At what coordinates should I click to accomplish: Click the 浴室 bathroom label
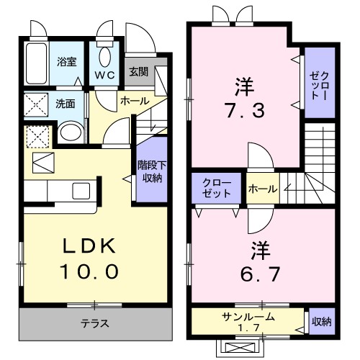pyautogui.click(x=67, y=62)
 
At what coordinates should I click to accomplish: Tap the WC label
pyautogui.click(x=106, y=75)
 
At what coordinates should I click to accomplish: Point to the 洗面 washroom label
pyautogui.click(x=66, y=103)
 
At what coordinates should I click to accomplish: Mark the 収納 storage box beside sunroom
pyautogui.click(x=321, y=322)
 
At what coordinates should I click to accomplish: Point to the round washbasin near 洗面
pyautogui.click(x=70, y=132)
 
